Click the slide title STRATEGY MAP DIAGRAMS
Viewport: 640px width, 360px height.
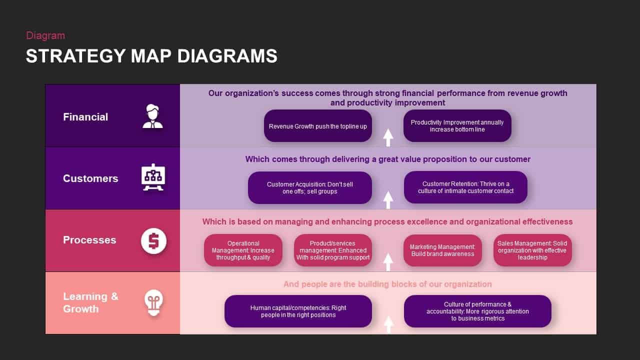151,56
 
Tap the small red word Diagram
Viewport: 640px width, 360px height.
45,35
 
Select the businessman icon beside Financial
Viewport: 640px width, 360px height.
152,116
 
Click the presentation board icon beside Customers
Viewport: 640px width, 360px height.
153,178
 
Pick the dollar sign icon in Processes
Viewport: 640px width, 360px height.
153,240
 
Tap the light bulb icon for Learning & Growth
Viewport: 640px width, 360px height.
153,302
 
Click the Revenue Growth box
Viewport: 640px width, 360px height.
317,126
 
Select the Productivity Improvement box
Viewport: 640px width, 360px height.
457,126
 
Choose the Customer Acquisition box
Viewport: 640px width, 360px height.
309,187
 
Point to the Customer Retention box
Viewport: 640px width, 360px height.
465,187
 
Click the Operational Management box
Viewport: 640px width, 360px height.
243,250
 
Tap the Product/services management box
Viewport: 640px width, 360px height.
332,250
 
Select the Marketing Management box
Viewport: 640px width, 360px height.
442,250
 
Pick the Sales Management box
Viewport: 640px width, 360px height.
532,250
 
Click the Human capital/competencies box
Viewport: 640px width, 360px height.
298,311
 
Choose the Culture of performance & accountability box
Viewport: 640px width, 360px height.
477,311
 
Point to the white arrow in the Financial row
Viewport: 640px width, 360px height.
388,137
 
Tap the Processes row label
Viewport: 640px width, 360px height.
89,240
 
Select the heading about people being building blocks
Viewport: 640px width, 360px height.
387,284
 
